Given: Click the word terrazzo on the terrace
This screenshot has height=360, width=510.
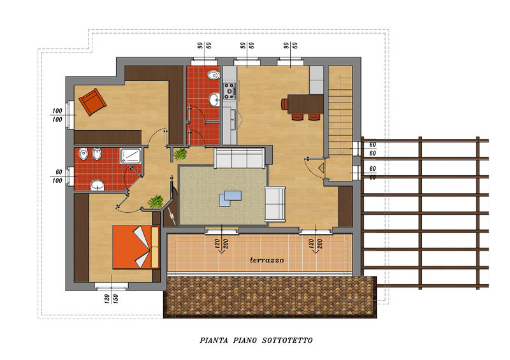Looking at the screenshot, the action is [x=266, y=260].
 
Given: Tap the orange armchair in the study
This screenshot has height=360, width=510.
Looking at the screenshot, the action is [x=92, y=102].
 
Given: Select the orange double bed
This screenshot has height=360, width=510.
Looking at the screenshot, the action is [x=136, y=247].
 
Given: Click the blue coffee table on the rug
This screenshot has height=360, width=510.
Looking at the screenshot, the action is [x=230, y=198].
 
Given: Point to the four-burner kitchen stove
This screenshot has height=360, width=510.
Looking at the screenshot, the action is [x=229, y=91].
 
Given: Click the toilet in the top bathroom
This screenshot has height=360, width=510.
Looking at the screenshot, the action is [x=214, y=75].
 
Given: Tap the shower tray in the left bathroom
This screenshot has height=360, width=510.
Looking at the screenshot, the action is [x=131, y=156].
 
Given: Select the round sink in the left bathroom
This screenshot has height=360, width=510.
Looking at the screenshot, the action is [x=98, y=185].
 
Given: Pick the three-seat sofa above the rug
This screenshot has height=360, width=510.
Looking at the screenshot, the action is [x=240, y=158].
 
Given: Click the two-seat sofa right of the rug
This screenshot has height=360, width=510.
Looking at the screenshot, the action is [x=275, y=205].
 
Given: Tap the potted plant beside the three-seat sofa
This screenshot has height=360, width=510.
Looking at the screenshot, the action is [x=180, y=154].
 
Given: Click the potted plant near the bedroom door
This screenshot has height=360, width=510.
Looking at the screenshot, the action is [x=156, y=201].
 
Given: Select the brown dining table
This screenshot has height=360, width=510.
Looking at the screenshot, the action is [x=305, y=104].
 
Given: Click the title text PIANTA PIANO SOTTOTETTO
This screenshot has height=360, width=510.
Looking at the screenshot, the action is [x=256, y=340].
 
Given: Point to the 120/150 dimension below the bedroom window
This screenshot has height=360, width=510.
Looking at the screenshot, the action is [x=111, y=299].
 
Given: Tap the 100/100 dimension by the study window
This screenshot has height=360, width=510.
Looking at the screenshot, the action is [x=57, y=115].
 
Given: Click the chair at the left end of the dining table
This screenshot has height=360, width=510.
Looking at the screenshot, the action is [x=284, y=104].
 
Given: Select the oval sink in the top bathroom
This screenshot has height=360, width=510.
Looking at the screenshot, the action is [x=214, y=99].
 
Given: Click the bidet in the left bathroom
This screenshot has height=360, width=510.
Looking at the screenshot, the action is [x=97, y=154].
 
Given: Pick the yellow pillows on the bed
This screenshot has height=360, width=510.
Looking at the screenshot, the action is [x=155, y=247].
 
